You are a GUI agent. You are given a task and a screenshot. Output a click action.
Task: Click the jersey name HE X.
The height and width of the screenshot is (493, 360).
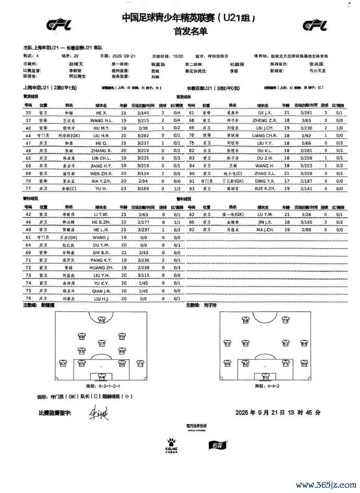click(x=102, y=112)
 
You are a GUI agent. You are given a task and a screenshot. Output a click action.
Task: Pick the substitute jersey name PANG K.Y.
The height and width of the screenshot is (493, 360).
click(x=102, y=259)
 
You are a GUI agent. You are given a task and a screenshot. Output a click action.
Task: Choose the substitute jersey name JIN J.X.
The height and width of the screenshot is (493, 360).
click(x=266, y=222)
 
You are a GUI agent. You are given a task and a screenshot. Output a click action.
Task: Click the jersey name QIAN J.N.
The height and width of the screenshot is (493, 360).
click(x=102, y=290)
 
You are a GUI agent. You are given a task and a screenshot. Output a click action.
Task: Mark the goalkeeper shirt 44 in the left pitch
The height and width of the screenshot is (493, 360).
click(x=102, y=376)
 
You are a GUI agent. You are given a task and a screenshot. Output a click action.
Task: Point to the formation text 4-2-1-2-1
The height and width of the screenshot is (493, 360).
click(x=102, y=387)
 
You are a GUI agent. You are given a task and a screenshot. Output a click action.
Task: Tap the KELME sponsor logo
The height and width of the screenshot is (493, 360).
click(x=172, y=445)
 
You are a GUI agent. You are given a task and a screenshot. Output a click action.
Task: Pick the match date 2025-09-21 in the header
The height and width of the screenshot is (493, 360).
click(x=124, y=55)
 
